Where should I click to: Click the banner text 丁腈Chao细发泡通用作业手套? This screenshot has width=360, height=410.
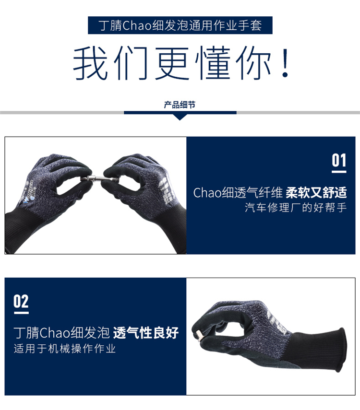click(x=180, y=25)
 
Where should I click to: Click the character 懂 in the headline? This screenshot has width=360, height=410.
click(x=212, y=63)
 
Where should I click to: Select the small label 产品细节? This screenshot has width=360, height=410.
click(x=180, y=105)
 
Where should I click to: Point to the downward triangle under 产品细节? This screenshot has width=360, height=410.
click(x=180, y=117)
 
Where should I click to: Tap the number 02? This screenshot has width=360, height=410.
click(x=21, y=301)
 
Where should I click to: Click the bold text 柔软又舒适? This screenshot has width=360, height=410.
click(x=316, y=192)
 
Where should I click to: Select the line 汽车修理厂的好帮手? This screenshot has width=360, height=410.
click(x=296, y=208)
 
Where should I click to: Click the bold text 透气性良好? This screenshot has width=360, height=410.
click(x=146, y=333)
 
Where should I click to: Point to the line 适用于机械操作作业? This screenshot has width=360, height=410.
click(x=65, y=349)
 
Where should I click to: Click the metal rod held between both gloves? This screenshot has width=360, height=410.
click(x=100, y=179)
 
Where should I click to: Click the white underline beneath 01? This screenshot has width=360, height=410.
click(x=339, y=172)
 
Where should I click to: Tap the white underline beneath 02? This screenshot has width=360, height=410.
click(x=21, y=313)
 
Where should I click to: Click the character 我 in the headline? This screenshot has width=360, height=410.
click(x=90, y=63)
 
